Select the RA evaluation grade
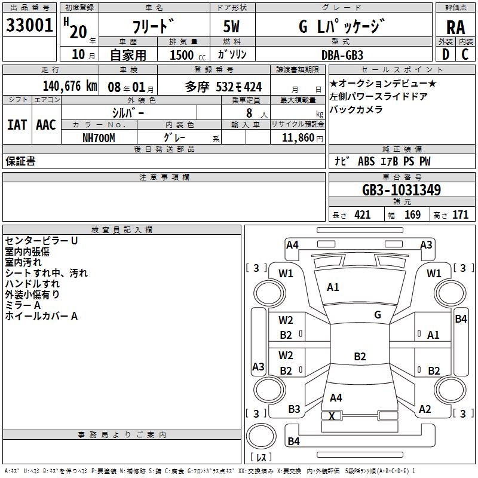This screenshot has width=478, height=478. point(455,27)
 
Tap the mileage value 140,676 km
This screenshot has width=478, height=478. point(70,86)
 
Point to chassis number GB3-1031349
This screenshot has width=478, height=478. point(402,191)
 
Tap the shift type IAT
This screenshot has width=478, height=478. point(17,124)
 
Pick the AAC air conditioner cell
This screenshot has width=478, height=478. point(46,124)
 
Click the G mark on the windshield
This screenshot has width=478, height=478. point(378,315)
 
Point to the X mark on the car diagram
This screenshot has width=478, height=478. point(332,416)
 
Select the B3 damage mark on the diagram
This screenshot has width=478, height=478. point(294,409)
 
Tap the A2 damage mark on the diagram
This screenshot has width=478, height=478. point(425,409)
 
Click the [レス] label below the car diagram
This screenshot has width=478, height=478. point(261,457)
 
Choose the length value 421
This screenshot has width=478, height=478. point(362,215)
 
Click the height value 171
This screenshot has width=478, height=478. point(460,215)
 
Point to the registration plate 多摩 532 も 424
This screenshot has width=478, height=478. point(223,87)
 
